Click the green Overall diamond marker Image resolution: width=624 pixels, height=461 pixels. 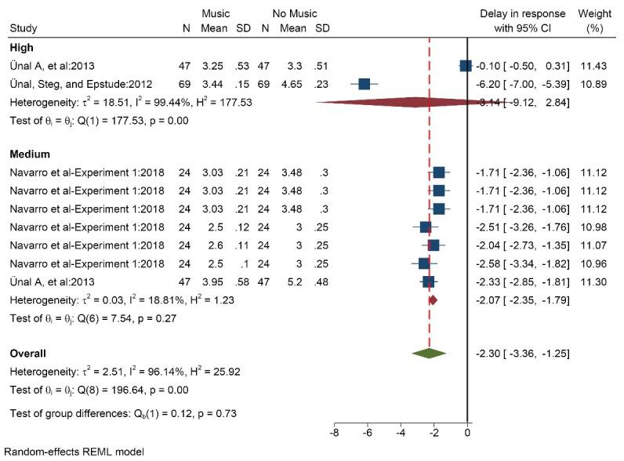click(429, 354)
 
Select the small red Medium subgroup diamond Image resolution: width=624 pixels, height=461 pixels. click(432, 299)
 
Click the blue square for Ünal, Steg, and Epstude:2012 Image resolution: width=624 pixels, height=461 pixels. click(365, 84)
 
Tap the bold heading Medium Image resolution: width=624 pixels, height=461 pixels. click(28, 155)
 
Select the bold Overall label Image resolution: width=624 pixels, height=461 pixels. click(27, 354)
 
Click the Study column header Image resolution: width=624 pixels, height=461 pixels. click(23, 29)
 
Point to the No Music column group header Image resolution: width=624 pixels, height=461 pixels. click(295, 14)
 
